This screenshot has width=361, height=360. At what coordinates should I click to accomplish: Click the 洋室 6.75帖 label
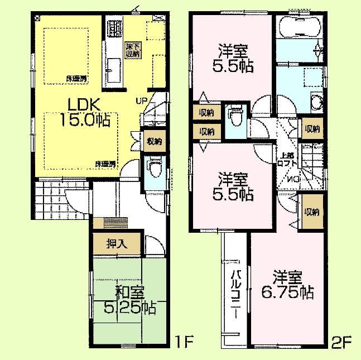click(x=287, y=285)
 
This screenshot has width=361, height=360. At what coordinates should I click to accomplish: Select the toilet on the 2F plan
click(x=234, y=118)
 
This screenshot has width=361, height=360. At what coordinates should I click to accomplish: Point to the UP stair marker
click(x=143, y=100)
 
